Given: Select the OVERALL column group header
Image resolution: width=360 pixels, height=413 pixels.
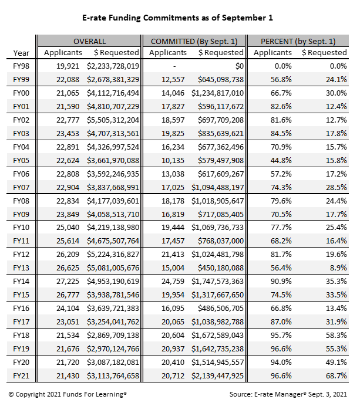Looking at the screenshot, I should pyautogui.click(x=89, y=41).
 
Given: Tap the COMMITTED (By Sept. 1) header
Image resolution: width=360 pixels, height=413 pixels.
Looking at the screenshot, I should pyautogui.click(x=193, y=41).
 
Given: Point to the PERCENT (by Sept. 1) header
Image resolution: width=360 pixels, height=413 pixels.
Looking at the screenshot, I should pyautogui.click(x=299, y=41).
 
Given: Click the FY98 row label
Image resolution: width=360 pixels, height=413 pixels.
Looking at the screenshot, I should pyautogui.click(x=21, y=66).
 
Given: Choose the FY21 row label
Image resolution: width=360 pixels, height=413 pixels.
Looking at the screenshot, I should pyautogui.click(x=21, y=375).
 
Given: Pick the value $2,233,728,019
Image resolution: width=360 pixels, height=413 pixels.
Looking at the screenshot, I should pyautogui.click(x=112, y=66).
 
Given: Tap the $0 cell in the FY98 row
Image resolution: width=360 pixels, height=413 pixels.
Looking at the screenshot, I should pyautogui.click(x=238, y=66).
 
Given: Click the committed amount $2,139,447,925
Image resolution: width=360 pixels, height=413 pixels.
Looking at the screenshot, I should pyautogui.click(x=217, y=375).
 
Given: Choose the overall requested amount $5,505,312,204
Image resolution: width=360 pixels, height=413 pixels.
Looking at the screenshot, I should pyautogui.click(x=112, y=120).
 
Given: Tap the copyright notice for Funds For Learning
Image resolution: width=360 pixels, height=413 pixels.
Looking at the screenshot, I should pyautogui.click(x=68, y=395).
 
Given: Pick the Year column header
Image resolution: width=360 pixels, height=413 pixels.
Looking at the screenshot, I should pyautogui.click(x=21, y=53).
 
